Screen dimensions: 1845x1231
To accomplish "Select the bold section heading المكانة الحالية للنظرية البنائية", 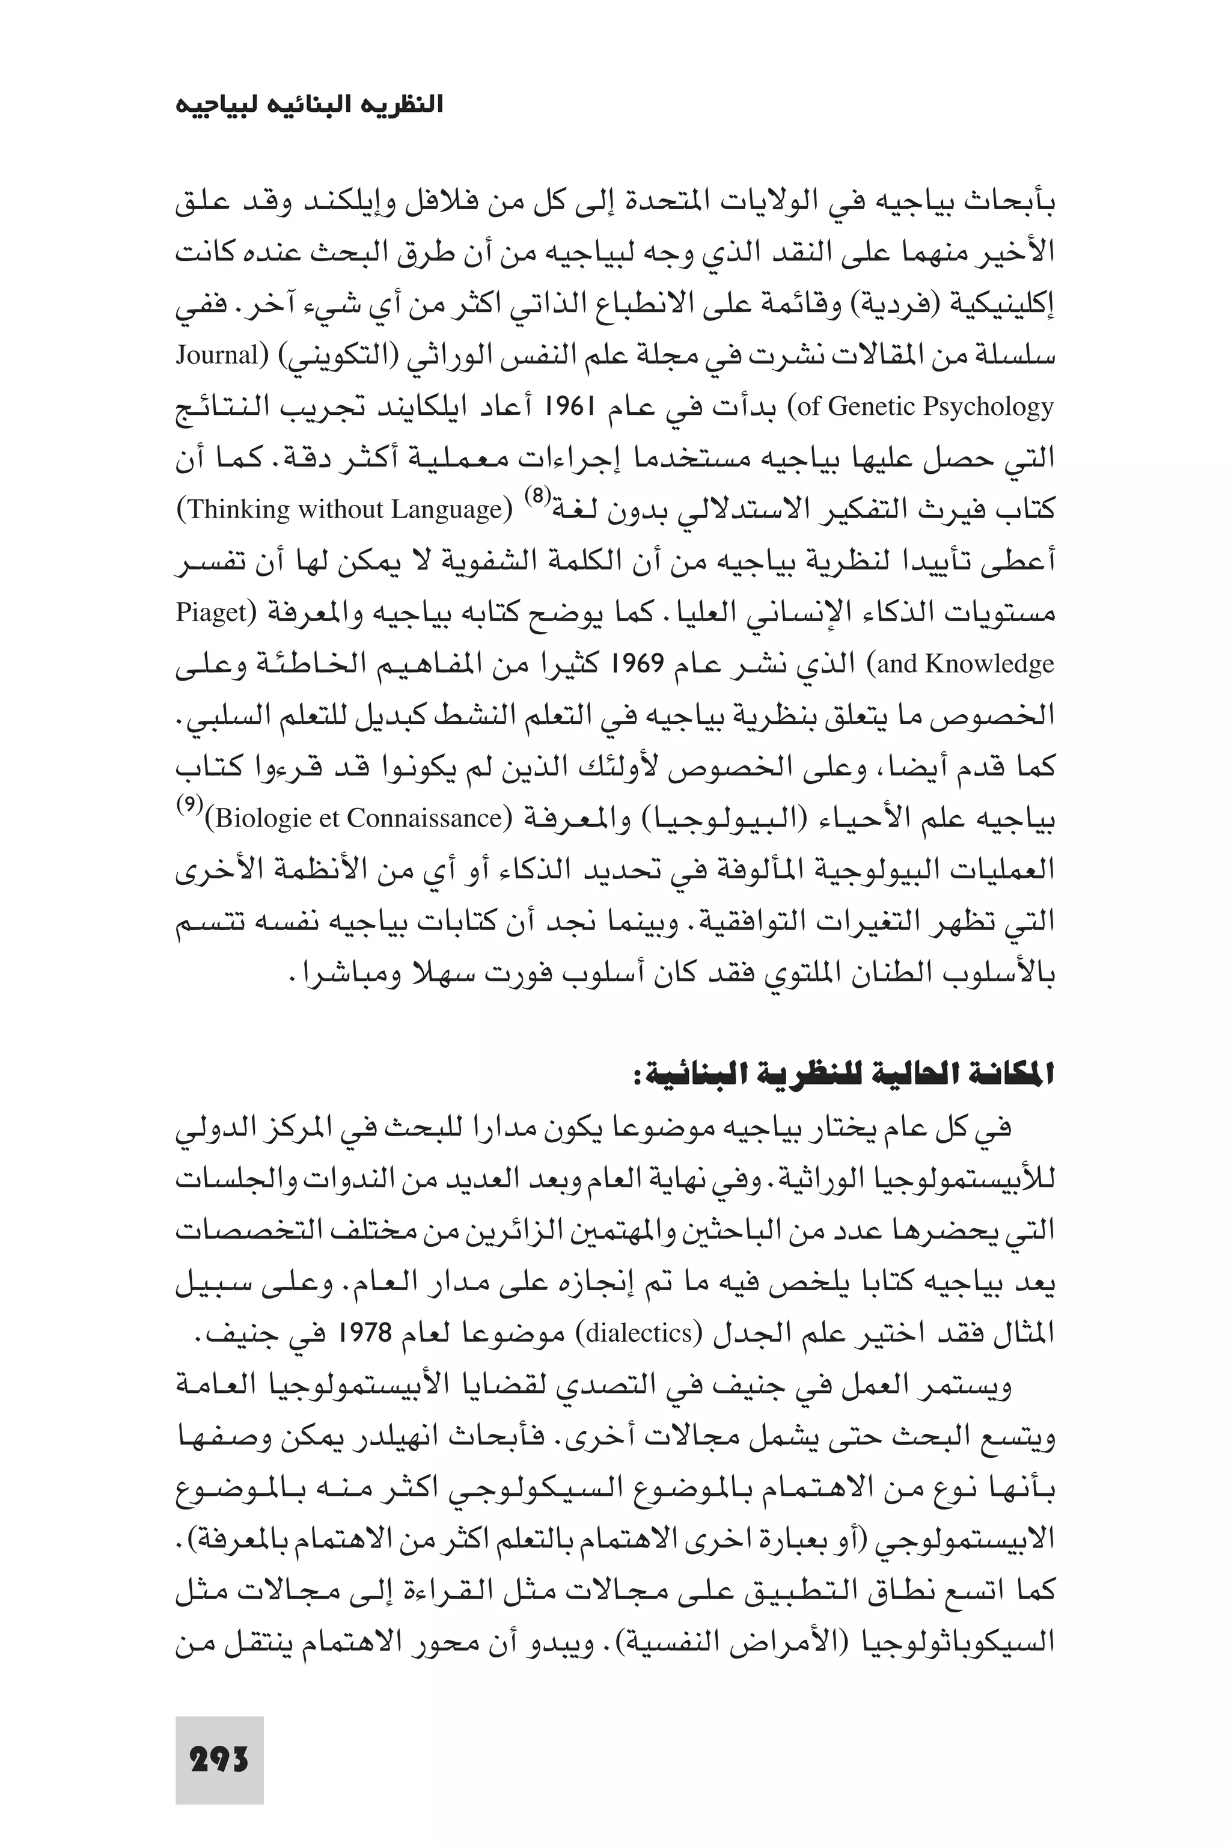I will tap(844, 1075).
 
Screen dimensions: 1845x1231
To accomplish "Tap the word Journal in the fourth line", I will tap(216, 356).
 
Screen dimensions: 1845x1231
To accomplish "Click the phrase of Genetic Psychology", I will tap(926, 406).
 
